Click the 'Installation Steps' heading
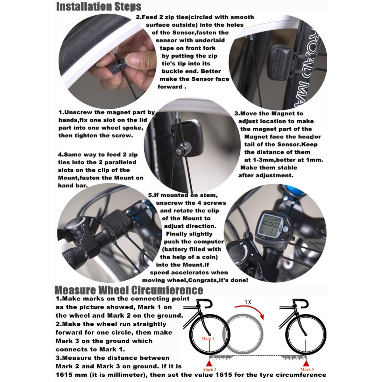tap(99, 6)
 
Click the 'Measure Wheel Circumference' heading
tap(129, 290)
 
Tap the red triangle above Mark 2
tap(209, 363)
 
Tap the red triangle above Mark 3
tap(306, 363)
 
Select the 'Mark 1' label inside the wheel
tap(208, 338)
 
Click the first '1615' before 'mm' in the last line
tap(65, 375)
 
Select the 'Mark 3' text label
tap(307, 370)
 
